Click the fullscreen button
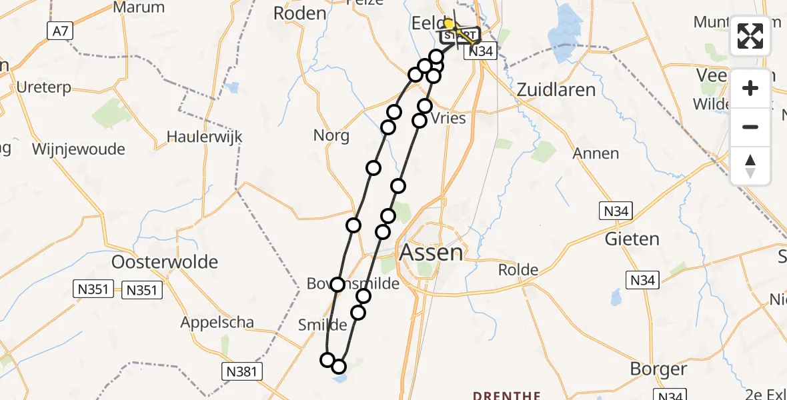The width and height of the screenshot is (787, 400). point(750,36)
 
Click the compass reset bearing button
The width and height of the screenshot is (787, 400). point(750,166)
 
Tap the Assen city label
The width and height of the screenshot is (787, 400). point(431,253)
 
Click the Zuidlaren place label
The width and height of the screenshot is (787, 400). point(556,89)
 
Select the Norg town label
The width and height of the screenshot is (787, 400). point(331,136)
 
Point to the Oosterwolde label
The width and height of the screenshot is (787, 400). point(165,261)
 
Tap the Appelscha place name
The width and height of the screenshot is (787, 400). point(217,323)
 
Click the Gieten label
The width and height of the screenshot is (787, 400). point(632,239)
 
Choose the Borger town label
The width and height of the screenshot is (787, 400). point(658,369)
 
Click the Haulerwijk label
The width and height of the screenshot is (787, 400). point(204,137)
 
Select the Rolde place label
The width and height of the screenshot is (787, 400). point(519,270)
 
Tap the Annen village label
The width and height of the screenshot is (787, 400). point(596,153)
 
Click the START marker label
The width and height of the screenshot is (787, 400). point(460,35)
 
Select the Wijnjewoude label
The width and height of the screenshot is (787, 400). point(78,149)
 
